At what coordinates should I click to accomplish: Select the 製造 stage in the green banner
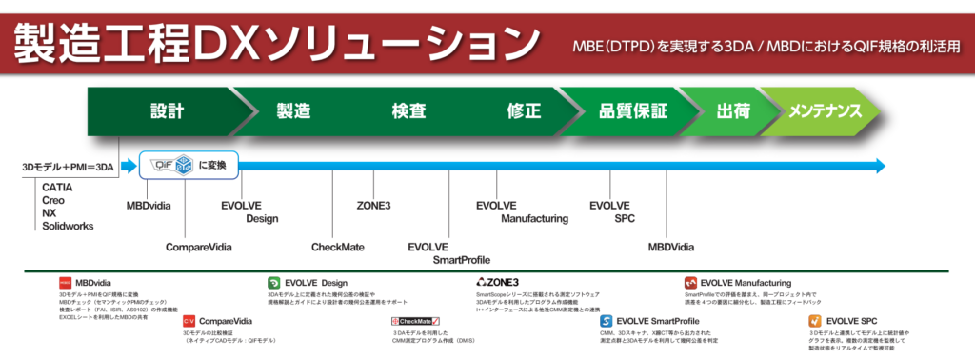coord(293,110)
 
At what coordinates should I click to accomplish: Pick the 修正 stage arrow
coord(525,110)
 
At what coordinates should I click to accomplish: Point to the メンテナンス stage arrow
coord(825,110)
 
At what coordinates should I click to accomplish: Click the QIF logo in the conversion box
coord(168,165)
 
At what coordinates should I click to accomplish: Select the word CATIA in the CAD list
coord(58,188)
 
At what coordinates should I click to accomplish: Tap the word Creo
coord(54,200)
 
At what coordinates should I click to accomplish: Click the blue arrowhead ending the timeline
coord(877,166)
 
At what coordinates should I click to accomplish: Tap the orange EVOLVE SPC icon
coord(815,321)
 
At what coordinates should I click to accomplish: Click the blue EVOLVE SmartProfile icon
coord(606,321)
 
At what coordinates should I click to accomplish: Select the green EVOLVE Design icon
coord(273,283)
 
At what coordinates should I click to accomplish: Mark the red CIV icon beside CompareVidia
coord(189,321)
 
